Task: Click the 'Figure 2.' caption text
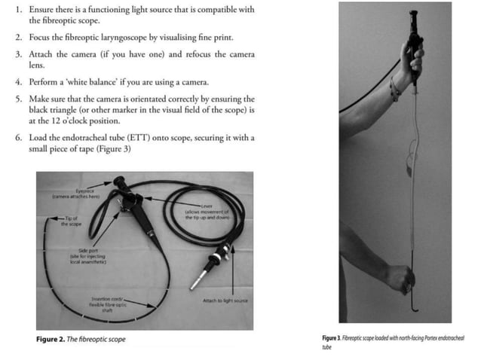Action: [x=53, y=340]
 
